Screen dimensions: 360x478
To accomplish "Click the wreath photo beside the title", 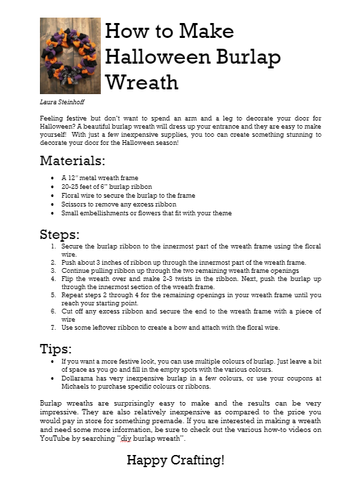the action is (70, 56).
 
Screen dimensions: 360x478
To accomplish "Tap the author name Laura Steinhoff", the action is (61, 102).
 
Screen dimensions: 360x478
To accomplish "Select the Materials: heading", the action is (72, 160).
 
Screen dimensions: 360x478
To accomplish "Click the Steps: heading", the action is (60, 234).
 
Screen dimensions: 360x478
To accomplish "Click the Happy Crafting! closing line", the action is (175, 460).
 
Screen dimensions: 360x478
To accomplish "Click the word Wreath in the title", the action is (142, 82).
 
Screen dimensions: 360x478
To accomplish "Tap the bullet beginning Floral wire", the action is (74, 195).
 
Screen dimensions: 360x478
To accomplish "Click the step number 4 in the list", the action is (54, 278).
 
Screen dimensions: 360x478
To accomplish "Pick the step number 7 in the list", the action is (54, 328).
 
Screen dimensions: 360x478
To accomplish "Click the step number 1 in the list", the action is (54, 246).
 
